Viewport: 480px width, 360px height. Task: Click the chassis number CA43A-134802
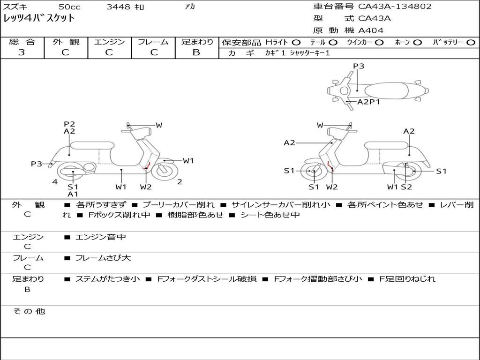[395, 7]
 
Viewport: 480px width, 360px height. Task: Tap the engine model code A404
[371, 30]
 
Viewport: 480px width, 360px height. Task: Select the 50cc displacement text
[69, 7]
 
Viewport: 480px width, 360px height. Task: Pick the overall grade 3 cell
[22, 52]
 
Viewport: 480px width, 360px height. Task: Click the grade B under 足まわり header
[196, 52]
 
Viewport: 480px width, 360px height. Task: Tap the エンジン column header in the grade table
[109, 42]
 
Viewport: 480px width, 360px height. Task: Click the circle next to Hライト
[296, 42]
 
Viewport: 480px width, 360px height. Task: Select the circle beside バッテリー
[471, 42]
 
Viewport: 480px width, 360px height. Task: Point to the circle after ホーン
[417, 42]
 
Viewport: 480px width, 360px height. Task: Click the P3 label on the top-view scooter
[359, 66]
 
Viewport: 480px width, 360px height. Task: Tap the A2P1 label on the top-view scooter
[368, 102]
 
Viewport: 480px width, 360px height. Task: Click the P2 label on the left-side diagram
[69, 124]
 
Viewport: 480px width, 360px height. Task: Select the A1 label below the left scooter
[73, 194]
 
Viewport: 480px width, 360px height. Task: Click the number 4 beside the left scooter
[55, 181]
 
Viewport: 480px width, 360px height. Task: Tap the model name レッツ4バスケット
[39, 18]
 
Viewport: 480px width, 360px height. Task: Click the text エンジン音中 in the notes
[101, 237]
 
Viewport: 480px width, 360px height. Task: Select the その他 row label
[29, 311]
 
